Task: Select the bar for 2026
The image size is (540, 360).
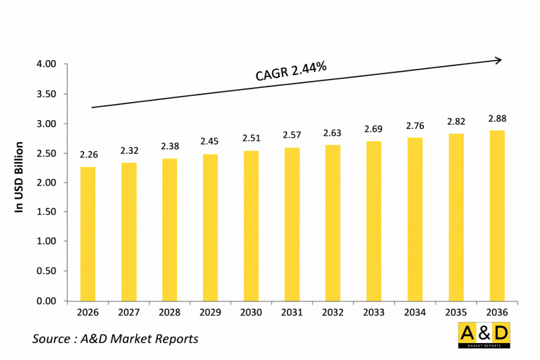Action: [88, 234]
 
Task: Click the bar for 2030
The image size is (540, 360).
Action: [250, 226]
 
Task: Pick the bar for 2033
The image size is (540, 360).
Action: [373, 221]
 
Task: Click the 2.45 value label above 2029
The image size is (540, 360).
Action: [210, 142]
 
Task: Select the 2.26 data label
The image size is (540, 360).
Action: [88, 155]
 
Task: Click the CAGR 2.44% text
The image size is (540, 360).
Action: [291, 71]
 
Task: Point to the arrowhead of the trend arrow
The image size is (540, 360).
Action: [498, 60]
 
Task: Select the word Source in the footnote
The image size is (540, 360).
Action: [51, 338]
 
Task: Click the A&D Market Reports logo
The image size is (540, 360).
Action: [483, 335]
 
